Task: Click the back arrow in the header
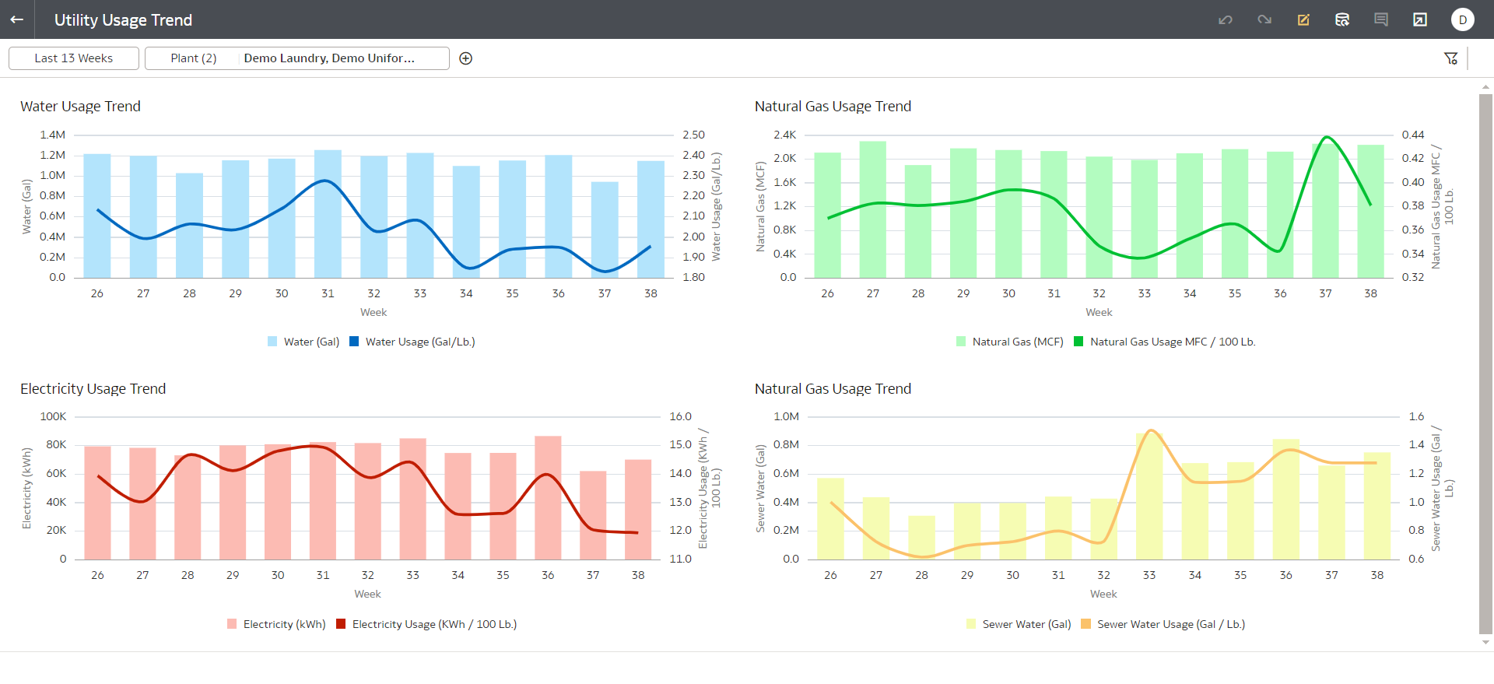(16, 19)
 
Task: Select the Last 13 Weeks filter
(74, 58)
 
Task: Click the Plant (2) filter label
(194, 58)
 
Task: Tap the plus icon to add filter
(466, 58)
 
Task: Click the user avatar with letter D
(1463, 19)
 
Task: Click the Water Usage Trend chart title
(80, 107)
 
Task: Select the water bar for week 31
(328, 214)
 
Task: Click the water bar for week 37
(605, 230)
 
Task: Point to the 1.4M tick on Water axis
(53, 135)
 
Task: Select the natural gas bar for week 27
(873, 209)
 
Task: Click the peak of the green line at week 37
(1327, 137)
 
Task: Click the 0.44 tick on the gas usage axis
(1413, 135)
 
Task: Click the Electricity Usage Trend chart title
(93, 389)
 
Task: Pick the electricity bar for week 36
(548, 498)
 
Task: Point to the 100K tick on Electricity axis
(53, 416)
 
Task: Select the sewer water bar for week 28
(922, 538)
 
